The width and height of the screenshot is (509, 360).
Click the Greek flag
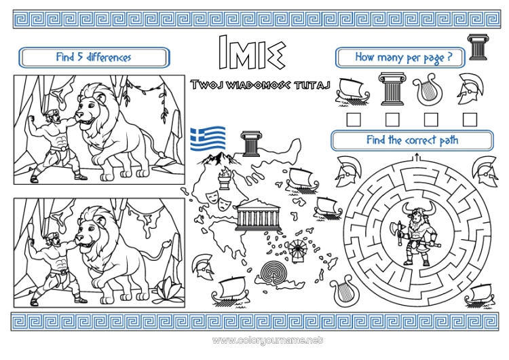208,138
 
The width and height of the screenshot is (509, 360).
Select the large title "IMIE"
252,52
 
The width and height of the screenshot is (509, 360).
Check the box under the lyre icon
431,120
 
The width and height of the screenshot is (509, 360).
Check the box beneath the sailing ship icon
354,120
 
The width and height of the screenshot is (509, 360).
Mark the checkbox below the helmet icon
470,120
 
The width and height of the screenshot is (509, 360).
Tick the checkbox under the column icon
392,120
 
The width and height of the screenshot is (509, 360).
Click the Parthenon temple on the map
258,215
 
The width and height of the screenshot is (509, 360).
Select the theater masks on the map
217,200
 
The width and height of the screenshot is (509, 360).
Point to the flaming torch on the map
224,178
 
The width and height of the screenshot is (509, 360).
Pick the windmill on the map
297,251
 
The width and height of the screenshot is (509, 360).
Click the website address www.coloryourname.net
267,340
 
